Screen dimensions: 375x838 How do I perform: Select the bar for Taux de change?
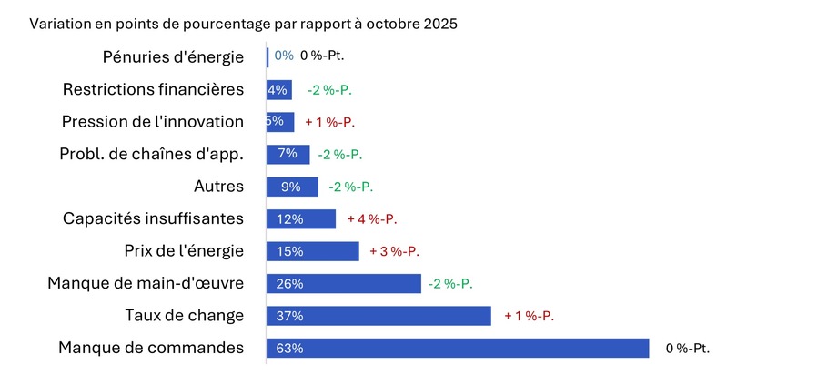pos(379,316)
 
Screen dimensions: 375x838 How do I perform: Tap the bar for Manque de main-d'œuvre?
pos(344,284)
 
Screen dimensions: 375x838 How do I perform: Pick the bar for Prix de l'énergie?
pos(312,251)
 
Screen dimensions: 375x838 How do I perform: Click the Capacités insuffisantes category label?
pos(153,218)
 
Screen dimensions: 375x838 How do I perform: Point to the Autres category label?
pos(218,187)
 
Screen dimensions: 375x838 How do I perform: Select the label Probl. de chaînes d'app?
pos(151,154)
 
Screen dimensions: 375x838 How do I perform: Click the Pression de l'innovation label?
pos(152,121)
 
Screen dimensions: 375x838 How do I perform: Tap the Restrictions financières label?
pos(153,89)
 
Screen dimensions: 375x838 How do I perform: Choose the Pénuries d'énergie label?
pos(173,56)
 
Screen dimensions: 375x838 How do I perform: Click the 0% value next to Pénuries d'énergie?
pos(284,56)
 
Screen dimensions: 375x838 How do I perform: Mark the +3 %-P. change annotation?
pos(394,251)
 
